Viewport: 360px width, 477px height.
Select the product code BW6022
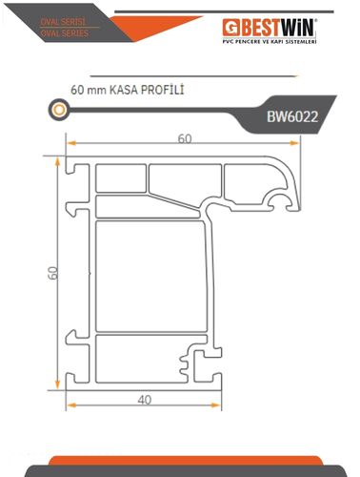pos(292,116)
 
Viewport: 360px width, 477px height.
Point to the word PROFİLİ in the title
pos(162,90)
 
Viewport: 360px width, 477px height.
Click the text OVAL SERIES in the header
pos(65,33)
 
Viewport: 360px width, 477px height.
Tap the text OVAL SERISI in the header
pos(63,22)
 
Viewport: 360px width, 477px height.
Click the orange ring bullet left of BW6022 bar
pos(59,110)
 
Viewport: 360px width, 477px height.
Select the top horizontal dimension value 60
pos(185,138)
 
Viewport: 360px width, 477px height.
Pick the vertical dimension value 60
pos(53,273)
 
